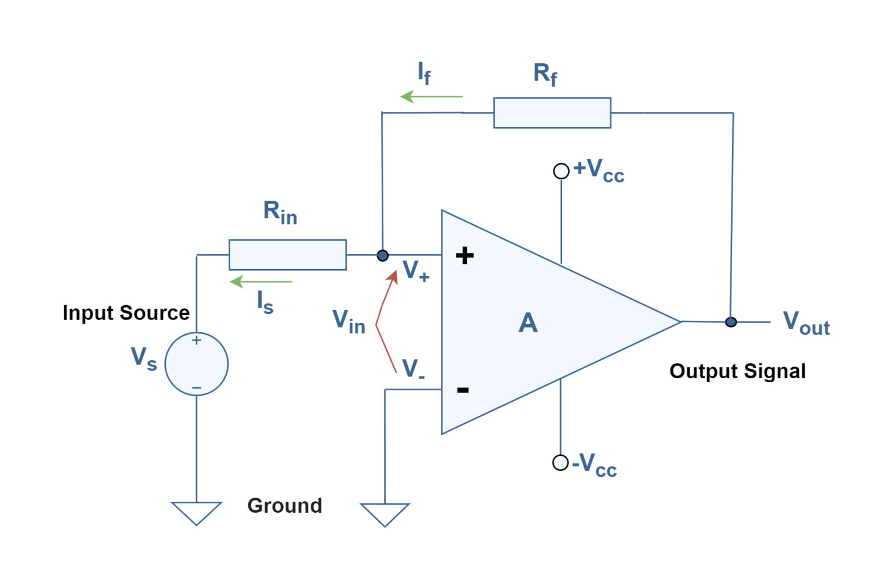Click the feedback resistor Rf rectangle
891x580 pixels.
552,113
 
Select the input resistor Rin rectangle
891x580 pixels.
287,255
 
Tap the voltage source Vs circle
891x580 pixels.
197,364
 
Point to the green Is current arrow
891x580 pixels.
261,282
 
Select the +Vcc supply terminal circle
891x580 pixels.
561,171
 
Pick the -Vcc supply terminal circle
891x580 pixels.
560,462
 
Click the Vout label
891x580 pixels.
806,323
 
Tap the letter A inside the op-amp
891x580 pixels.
528,323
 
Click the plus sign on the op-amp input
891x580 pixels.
465,255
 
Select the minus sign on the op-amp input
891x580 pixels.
462,390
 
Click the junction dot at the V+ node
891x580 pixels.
382,255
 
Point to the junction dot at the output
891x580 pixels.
731,322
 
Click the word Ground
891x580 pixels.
284,506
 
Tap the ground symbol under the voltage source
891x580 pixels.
197,512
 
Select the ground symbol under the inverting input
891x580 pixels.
385,513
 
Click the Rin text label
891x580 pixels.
280,212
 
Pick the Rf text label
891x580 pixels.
545,74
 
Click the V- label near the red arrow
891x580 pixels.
412,369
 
